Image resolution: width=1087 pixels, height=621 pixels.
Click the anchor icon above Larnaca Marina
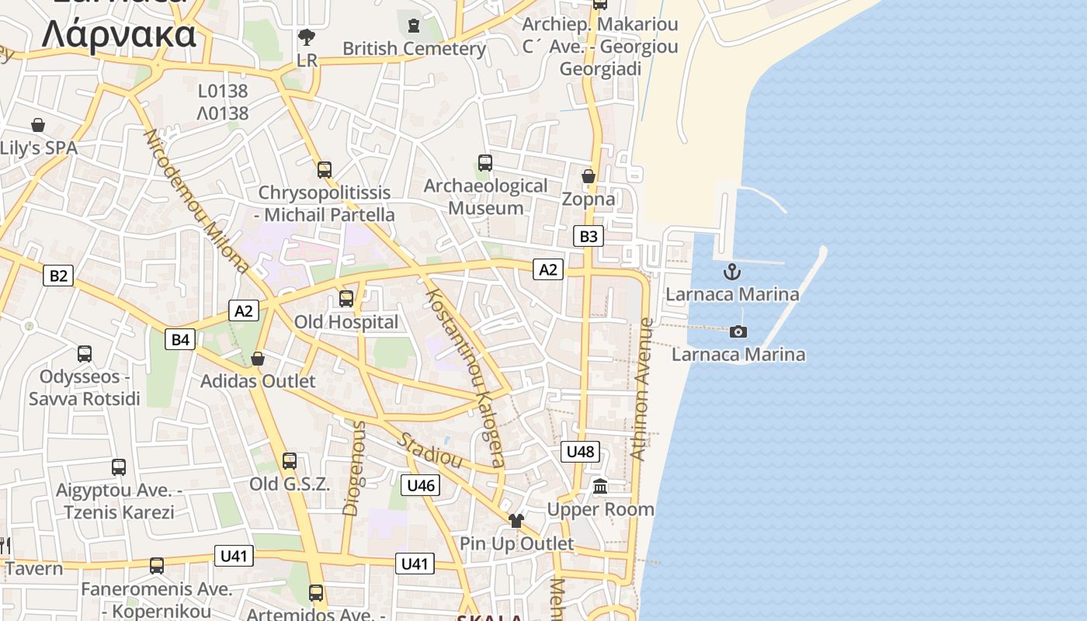[x=731, y=272]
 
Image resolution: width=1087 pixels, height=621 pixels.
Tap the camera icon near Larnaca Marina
[x=738, y=331]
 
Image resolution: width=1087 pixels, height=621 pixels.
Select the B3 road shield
[x=589, y=236]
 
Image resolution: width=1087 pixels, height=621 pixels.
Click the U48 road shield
[x=580, y=451]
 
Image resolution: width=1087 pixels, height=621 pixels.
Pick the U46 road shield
[x=420, y=486]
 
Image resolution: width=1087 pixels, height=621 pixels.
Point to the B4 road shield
[x=180, y=338]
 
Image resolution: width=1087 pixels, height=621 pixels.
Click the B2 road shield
[x=58, y=275]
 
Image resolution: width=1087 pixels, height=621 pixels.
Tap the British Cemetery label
[x=414, y=48]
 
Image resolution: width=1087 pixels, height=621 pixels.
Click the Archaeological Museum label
[x=485, y=197]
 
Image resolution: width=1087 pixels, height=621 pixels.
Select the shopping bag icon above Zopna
[x=589, y=176]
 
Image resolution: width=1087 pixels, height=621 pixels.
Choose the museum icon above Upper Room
[x=600, y=487]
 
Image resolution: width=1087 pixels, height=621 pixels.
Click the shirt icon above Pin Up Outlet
[x=516, y=520]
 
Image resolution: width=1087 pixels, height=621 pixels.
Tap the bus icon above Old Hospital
[x=346, y=298]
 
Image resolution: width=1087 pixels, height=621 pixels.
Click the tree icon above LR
[x=307, y=37]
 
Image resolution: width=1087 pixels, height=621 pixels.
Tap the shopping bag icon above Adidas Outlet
[x=258, y=359]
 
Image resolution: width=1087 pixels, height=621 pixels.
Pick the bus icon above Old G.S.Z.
[x=290, y=461]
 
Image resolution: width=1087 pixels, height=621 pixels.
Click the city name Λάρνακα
[x=119, y=34]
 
